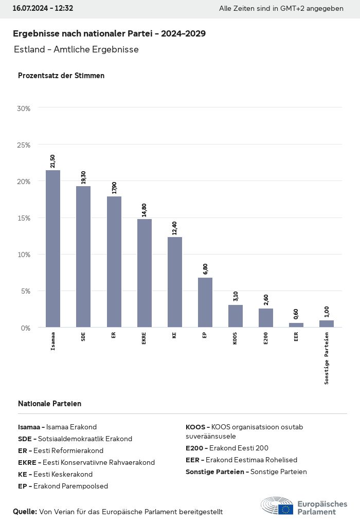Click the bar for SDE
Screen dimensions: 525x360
83,257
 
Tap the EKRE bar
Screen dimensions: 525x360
144,273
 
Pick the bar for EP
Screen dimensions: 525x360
205,302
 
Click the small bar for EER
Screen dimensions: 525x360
296,325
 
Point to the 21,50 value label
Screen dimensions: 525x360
52,161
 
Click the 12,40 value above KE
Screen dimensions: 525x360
174,227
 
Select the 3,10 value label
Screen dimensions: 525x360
235,296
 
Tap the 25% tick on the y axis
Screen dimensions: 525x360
24,145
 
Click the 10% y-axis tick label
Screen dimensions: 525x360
24,255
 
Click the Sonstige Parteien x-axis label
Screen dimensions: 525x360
326,358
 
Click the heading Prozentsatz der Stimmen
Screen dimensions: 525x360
61,76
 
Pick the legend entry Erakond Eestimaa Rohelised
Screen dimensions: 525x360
241,460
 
